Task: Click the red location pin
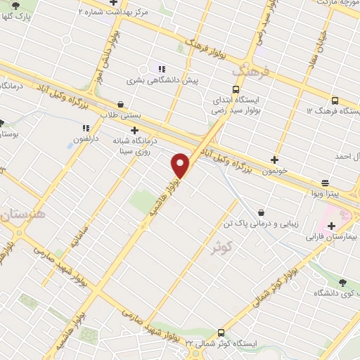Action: click(x=181, y=165)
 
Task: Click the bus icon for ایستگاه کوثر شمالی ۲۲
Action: click(x=221, y=333)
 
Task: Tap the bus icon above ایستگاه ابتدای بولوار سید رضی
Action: click(x=235, y=89)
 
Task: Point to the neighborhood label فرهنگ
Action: click(x=250, y=71)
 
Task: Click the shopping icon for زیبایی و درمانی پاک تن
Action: click(x=261, y=212)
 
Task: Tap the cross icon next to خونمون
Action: click(x=274, y=160)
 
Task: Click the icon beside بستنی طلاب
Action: click(x=131, y=102)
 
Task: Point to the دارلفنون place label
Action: click(x=89, y=140)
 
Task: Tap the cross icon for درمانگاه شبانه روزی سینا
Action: click(x=134, y=129)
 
